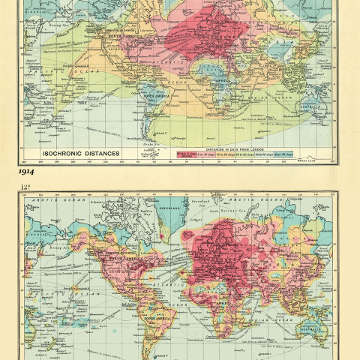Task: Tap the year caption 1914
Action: (x=31, y=172)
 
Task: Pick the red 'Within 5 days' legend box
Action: (x=186, y=155)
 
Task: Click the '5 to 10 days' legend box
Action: (x=205, y=155)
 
